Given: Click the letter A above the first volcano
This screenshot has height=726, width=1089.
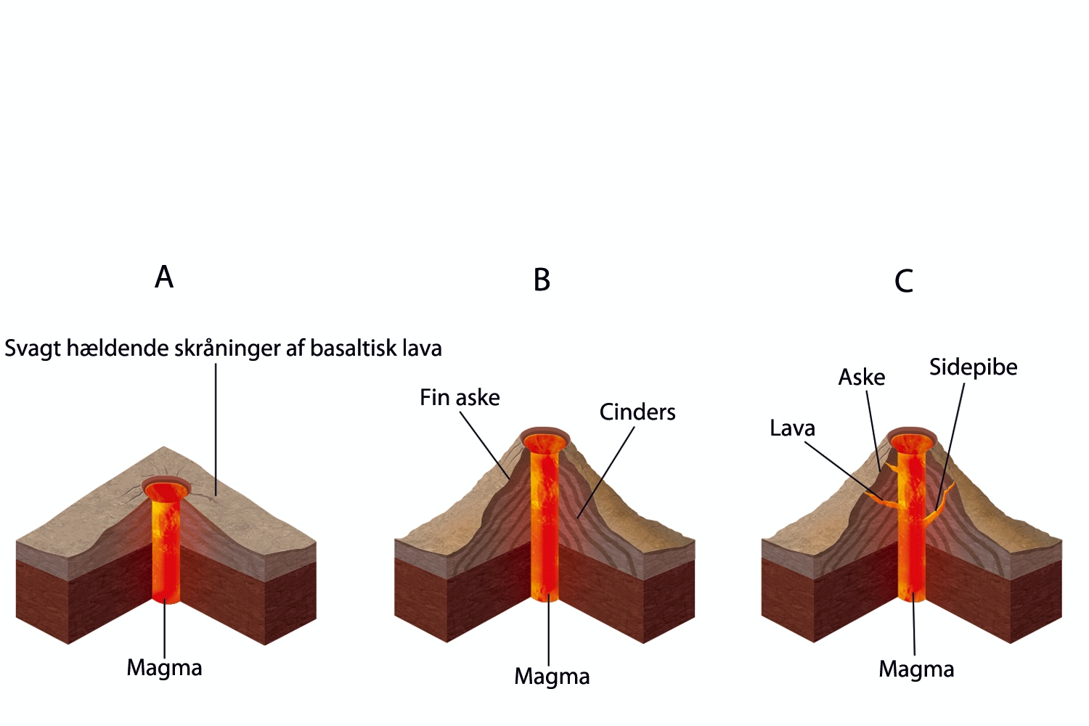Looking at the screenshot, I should (164, 277).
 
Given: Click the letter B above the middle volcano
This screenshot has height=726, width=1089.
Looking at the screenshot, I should (542, 280).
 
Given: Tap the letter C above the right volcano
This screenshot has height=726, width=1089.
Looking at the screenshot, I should (903, 282).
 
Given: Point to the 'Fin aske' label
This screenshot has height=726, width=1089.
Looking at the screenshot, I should (460, 398).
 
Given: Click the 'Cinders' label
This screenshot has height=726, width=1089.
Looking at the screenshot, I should (637, 412).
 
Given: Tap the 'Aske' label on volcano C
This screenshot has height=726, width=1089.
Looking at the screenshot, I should (862, 378).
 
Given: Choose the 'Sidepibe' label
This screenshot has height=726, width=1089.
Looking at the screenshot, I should (973, 367).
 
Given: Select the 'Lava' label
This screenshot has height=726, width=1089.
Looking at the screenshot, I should (792, 428).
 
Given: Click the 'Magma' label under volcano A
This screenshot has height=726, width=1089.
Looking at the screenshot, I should (164, 668).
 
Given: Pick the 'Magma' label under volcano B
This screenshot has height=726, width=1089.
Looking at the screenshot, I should (552, 677).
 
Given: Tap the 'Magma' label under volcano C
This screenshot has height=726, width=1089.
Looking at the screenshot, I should (916, 669).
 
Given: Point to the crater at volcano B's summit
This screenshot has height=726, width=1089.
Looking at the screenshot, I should (544, 441).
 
